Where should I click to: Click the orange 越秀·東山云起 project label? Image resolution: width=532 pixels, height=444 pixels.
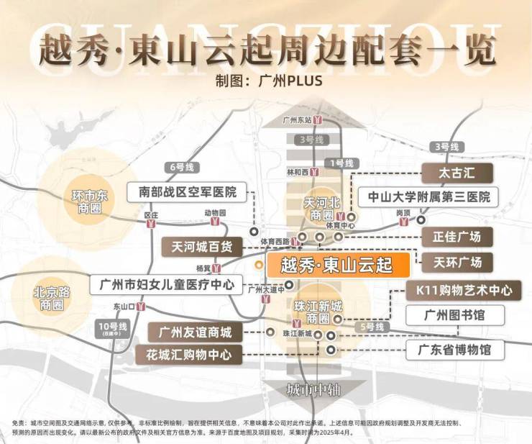coord(338,265)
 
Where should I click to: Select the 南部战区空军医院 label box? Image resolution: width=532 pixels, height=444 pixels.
coord(186,192)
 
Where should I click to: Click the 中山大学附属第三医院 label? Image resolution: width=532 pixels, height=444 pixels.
coord(429,196)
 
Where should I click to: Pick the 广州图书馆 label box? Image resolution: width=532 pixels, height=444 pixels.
coord(455,314)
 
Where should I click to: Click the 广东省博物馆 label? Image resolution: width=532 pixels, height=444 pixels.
coord(455,350)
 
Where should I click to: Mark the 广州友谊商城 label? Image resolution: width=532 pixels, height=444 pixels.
coord(196,332)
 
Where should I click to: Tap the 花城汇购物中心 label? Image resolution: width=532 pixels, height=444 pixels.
coord(189,355)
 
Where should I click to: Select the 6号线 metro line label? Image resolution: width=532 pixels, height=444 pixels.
coord(180,167)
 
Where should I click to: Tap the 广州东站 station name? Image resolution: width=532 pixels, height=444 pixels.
coord(297,119)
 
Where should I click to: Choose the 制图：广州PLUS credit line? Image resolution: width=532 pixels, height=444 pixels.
coord(268,80)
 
